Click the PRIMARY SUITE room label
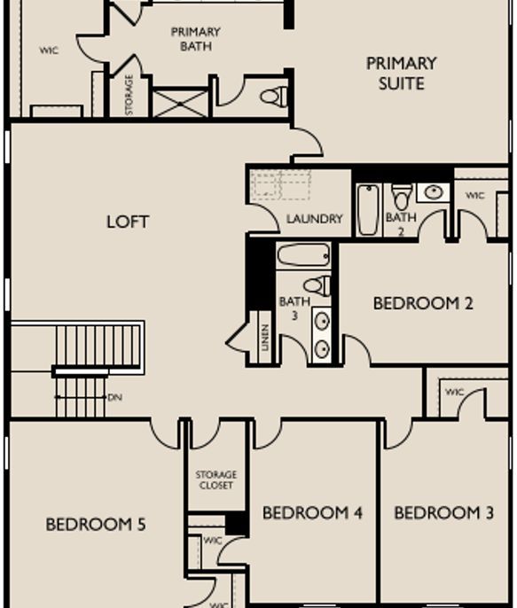[401, 74]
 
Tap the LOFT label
[128, 222]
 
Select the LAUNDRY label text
[314, 219]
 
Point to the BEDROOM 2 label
[423, 303]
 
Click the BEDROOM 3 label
[443, 513]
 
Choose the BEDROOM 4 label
[312, 513]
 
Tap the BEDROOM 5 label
[95, 525]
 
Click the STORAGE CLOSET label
[215, 480]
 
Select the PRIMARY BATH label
[195, 39]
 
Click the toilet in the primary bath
[276, 96]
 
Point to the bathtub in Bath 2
[367, 210]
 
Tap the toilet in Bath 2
[402, 197]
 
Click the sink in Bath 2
[432, 191]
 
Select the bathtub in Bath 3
[303, 256]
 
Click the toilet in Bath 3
[318, 285]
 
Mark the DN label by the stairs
[114, 398]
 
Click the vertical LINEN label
[265, 338]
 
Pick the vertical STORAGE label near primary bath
[129, 94]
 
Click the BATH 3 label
[294, 308]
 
